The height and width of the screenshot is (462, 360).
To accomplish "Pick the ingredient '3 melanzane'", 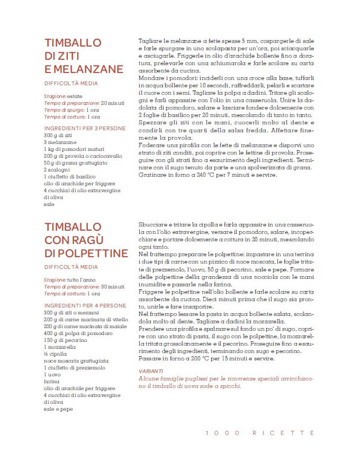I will point(58,143).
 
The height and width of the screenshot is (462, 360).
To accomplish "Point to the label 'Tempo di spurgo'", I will point(63,109).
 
